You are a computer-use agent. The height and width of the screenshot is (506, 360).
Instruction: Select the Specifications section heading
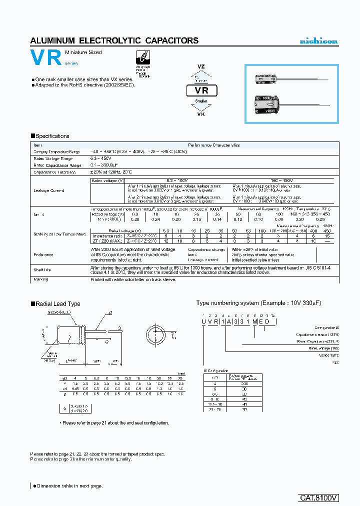coord(50,136)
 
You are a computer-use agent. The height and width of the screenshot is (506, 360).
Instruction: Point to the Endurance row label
coord(43,254)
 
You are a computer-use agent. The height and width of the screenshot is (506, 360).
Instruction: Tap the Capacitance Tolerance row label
coord(54,172)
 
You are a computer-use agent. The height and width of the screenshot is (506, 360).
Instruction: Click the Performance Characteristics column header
coord(213,145)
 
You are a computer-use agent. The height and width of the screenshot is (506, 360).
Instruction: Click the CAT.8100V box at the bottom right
coord(318,497)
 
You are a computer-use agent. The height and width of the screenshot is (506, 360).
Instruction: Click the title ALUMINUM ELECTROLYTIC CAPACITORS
coord(114,40)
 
